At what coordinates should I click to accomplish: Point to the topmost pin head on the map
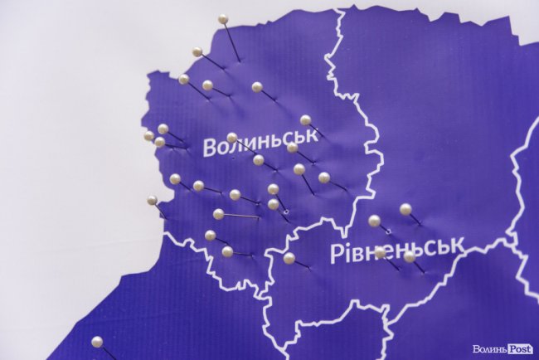(x=223, y=19)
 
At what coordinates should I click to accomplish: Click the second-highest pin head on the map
(x=197, y=51)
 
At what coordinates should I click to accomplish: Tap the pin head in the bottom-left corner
(x=97, y=341)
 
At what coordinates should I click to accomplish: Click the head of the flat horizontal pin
(x=218, y=214)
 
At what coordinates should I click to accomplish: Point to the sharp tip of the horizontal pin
(x=260, y=217)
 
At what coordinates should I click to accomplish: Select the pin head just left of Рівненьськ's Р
(x=289, y=258)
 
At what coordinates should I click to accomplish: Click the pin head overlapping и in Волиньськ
(x=232, y=138)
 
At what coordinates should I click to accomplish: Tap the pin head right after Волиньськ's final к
(x=292, y=148)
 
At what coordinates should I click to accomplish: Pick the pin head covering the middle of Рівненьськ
(x=380, y=252)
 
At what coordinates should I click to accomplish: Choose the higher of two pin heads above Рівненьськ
(x=405, y=209)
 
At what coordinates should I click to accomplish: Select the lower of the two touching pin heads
(x=273, y=204)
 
